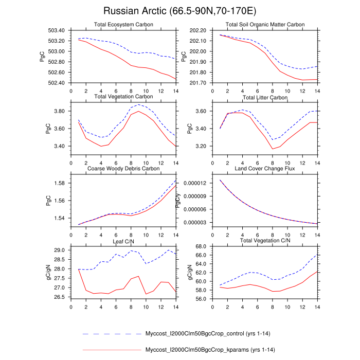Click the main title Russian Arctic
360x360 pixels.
tap(179, 11)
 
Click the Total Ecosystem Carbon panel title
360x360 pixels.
tap(123, 25)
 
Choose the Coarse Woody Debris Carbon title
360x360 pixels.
tap(123, 168)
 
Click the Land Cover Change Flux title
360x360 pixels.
tap(265, 168)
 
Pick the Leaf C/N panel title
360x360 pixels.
tap(123, 240)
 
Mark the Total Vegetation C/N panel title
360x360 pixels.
tap(265, 240)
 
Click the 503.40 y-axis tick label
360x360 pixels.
tap(56, 30)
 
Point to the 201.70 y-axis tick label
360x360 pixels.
tap(197, 83)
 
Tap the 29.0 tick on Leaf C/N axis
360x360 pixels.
tap(59, 250)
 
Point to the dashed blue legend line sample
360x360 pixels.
tap(111, 334)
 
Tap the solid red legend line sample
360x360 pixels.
tap(111, 350)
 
